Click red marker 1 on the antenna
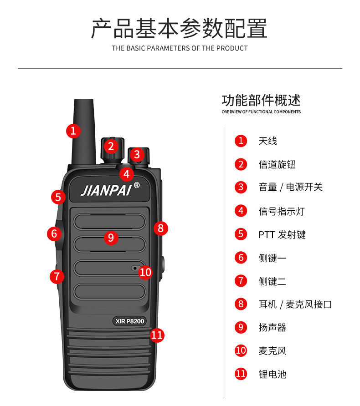coord(73,131)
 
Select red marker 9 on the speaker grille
coord(111,237)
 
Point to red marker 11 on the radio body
coord(157,335)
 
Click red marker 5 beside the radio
coord(58,197)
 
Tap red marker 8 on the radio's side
coord(160,228)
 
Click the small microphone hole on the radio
coord(135,268)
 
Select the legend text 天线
coord(267,141)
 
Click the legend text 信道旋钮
coord(277,164)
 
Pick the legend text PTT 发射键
coord(282,234)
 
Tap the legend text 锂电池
coord(273,374)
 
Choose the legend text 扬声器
coord(273,327)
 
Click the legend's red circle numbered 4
coord(241,211)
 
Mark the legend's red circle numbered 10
coord(241,350)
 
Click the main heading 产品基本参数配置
coord(180,28)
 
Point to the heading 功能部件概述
coord(261,100)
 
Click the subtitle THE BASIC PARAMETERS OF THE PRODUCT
coord(180,48)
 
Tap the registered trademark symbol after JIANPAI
coord(137,185)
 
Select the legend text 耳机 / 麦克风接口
coord(295,304)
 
